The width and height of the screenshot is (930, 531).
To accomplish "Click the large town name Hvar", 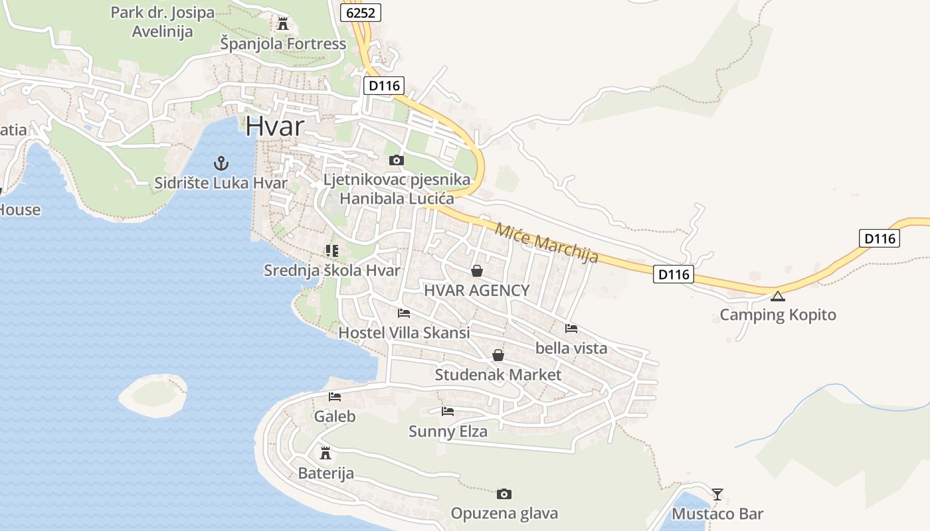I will pyautogui.click(x=275, y=126).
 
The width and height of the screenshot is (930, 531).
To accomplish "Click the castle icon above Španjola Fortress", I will pyautogui.click(x=283, y=24).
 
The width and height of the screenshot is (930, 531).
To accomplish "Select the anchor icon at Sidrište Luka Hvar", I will pyautogui.click(x=221, y=163).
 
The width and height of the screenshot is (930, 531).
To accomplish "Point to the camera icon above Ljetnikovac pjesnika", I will pyautogui.click(x=397, y=160).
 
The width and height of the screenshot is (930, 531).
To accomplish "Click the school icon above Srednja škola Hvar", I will pyautogui.click(x=331, y=251).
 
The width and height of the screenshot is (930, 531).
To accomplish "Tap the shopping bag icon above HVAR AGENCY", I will pyautogui.click(x=476, y=271).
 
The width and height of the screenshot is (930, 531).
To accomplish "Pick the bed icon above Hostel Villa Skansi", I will pyautogui.click(x=403, y=313).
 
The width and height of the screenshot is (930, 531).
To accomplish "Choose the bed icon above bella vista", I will pyautogui.click(x=571, y=328).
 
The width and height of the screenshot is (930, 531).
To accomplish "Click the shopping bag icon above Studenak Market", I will pyautogui.click(x=498, y=355).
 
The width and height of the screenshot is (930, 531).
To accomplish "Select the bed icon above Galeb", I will pyautogui.click(x=335, y=397).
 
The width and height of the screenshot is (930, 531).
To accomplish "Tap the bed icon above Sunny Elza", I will pyautogui.click(x=448, y=412).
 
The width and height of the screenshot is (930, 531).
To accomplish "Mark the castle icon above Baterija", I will pyautogui.click(x=325, y=453).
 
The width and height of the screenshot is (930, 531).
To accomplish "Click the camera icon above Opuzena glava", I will pyautogui.click(x=504, y=494).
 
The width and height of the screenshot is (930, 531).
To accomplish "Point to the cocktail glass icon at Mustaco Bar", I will pyautogui.click(x=717, y=494).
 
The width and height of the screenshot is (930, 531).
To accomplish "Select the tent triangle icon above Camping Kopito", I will pyautogui.click(x=778, y=295).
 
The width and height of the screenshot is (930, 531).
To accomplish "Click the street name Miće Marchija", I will pyautogui.click(x=547, y=242).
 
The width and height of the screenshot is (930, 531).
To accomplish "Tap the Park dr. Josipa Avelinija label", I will pyautogui.click(x=163, y=22).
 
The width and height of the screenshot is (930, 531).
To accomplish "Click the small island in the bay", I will pyautogui.click(x=153, y=395).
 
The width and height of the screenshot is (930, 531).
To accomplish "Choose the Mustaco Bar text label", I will pyautogui.click(x=717, y=514).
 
